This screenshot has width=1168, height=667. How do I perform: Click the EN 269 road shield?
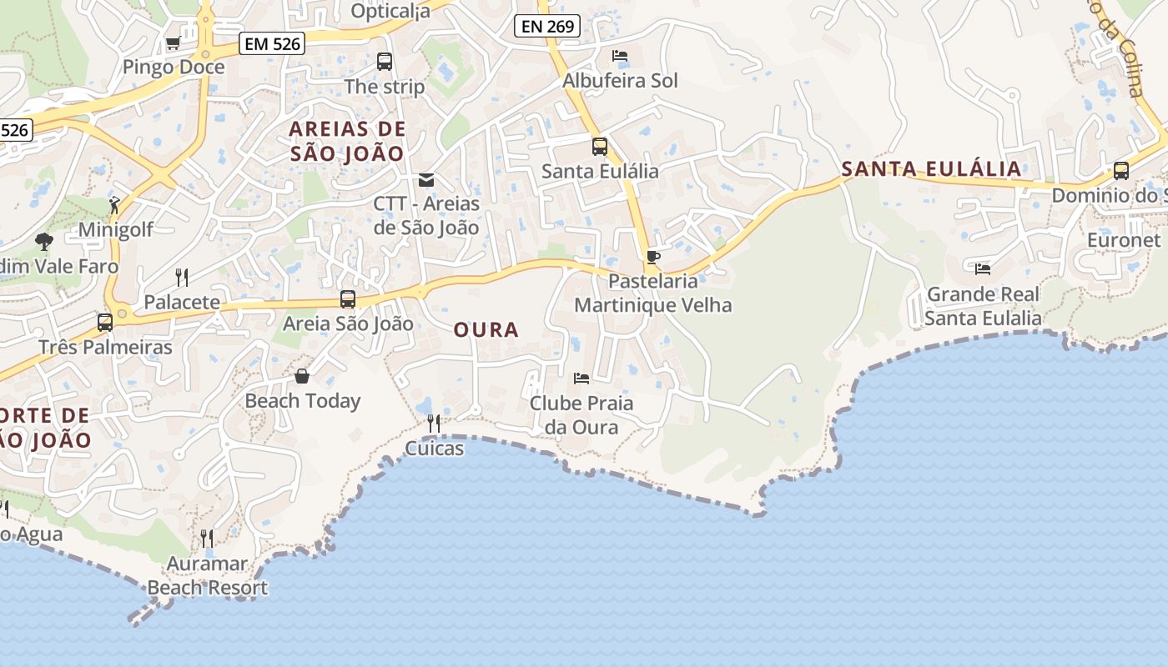tap(547, 27)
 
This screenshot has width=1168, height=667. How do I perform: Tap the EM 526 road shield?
tap(272, 43)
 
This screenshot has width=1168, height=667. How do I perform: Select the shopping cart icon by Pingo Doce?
tap(173, 43)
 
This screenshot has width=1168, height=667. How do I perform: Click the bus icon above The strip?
tap(385, 61)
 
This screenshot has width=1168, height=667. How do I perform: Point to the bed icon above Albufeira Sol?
tap(620, 56)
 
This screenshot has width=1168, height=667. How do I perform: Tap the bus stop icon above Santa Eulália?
tap(600, 147)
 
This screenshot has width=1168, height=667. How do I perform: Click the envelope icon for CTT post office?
tap(426, 179)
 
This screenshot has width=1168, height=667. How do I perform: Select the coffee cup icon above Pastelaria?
tap(652, 257)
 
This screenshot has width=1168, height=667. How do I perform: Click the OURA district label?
tap(486, 330)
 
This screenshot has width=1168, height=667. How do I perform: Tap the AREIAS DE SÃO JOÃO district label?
tap(347, 141)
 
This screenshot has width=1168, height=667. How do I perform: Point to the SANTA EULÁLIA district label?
tap(931, 169)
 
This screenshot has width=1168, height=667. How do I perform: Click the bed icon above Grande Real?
tap(983, 269)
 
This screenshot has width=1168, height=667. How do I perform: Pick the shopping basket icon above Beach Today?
tap(302, 376)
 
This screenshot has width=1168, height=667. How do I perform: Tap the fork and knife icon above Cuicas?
tap(434, 424)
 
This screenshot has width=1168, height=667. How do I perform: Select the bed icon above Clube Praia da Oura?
tap(581, 379)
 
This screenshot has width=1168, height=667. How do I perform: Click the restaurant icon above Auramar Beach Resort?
tap(207, 538)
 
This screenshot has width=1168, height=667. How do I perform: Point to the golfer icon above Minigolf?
tap(114, 204)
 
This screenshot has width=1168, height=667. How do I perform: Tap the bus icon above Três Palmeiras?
tap(105, 322)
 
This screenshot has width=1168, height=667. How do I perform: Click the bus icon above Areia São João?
tap(348, 298)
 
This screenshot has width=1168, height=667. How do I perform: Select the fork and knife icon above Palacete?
tap(182, 277)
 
